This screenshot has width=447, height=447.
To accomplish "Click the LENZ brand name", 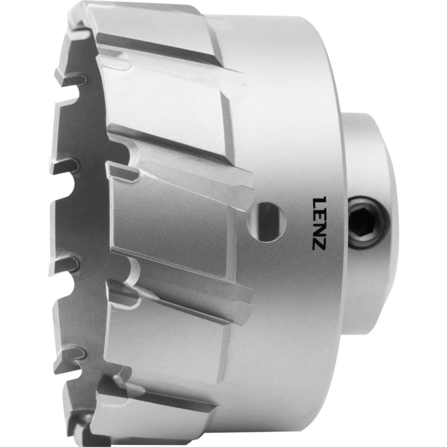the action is pos(318,223).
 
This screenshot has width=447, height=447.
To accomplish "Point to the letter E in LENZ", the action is pos(318,214).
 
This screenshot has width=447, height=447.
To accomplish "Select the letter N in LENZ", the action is pos(318,228).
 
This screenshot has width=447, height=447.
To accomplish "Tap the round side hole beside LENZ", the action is pos(267,222).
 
